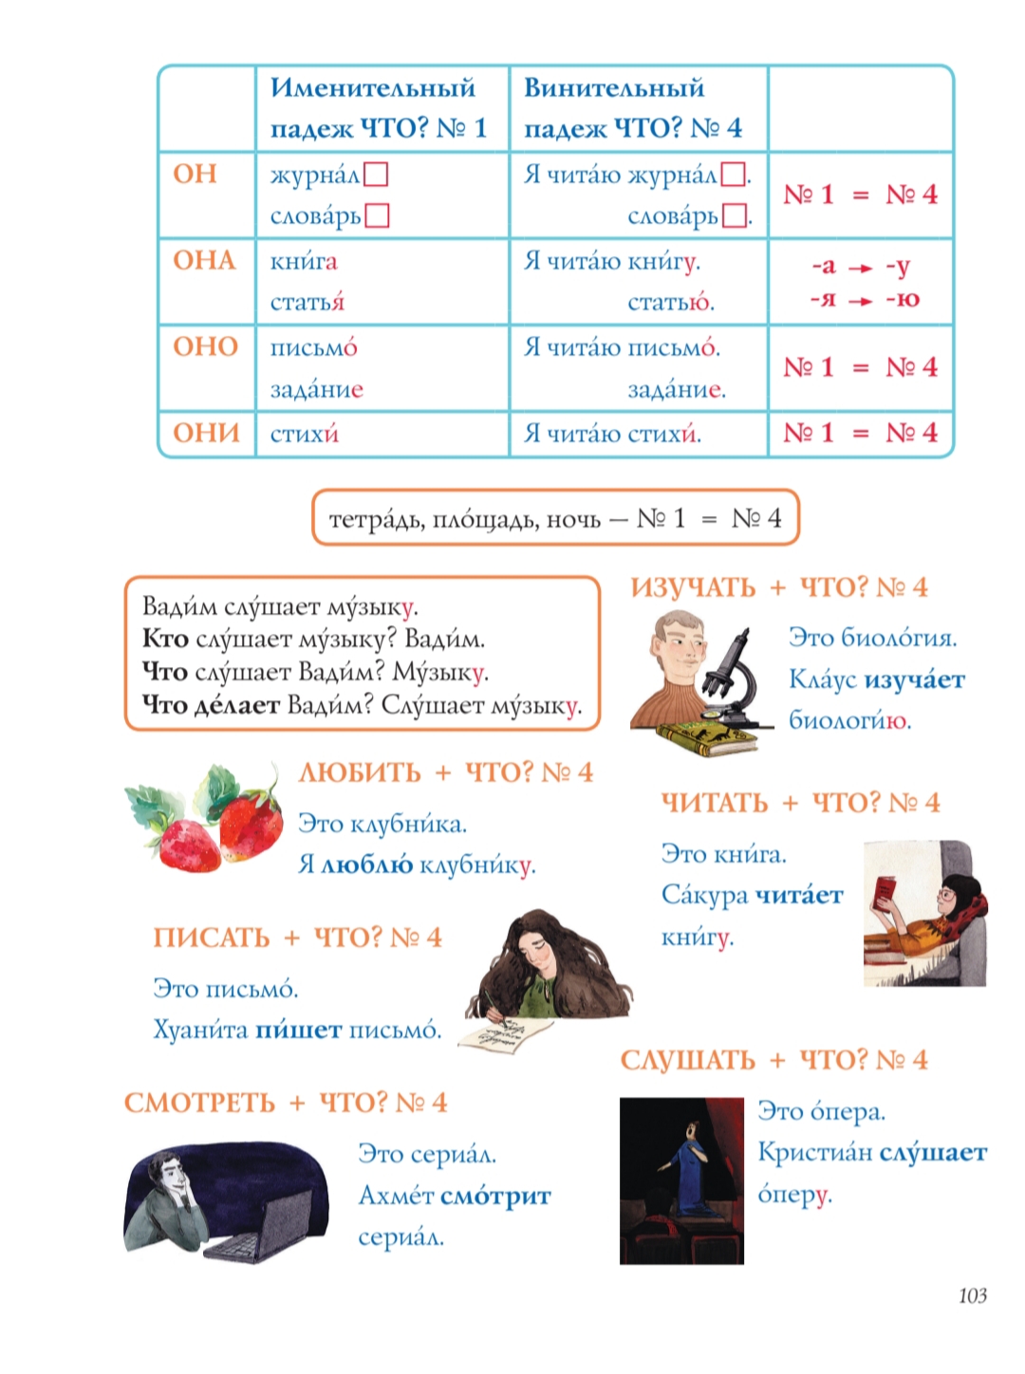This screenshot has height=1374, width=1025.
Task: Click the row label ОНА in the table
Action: click(x=204, y=260)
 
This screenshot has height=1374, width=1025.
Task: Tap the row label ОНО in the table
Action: click(x=205, y=346)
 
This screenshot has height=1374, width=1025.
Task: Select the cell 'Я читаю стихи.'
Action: click(x=612, y=434)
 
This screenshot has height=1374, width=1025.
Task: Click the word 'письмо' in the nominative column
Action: click(x=313, y=347)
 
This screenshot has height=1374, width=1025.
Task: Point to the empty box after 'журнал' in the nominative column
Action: click(x=376, y=175)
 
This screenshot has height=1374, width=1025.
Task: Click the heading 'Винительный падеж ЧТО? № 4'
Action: click(x=632, y=107)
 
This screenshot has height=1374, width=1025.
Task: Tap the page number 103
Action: click(x=972, y=1295)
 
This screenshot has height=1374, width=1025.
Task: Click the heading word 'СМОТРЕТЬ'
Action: click(x=199, y=1103)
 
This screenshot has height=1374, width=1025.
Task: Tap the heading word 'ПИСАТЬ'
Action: click(x=212, y=938)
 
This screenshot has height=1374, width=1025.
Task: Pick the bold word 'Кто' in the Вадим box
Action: click(x=164, y=639)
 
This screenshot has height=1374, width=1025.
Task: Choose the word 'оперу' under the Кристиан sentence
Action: click(x=793, y=1194)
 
